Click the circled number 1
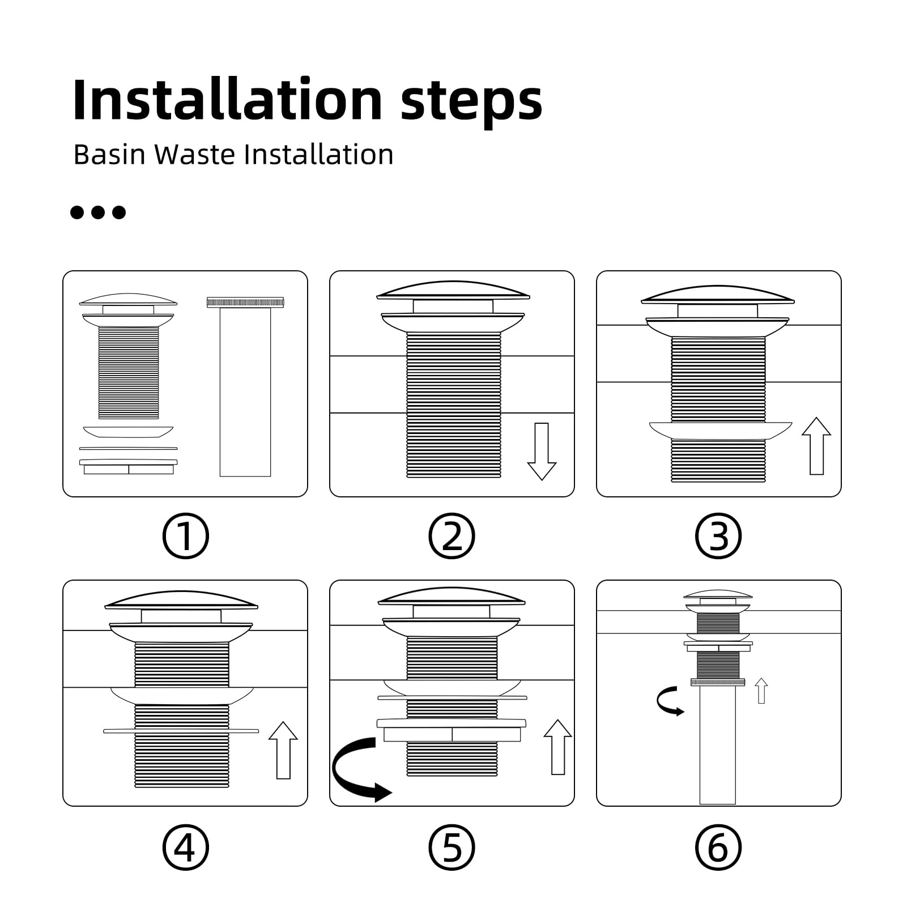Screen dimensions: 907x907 (185, 536)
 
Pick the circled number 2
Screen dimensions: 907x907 (452, 536)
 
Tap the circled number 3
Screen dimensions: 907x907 (718, 536)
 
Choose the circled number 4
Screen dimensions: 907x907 (185, 848)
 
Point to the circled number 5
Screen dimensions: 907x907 (452, 848)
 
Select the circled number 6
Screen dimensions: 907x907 (718, 848)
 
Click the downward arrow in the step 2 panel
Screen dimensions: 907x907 (542, 452)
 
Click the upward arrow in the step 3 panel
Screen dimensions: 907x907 (816, 446)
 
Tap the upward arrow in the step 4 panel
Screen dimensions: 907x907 (283, 750)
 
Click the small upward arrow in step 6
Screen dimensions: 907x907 (761, 691)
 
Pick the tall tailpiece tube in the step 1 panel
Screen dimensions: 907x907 (245, 387)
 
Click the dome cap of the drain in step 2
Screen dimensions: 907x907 (453, 290)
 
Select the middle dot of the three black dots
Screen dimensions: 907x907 (98, 212)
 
